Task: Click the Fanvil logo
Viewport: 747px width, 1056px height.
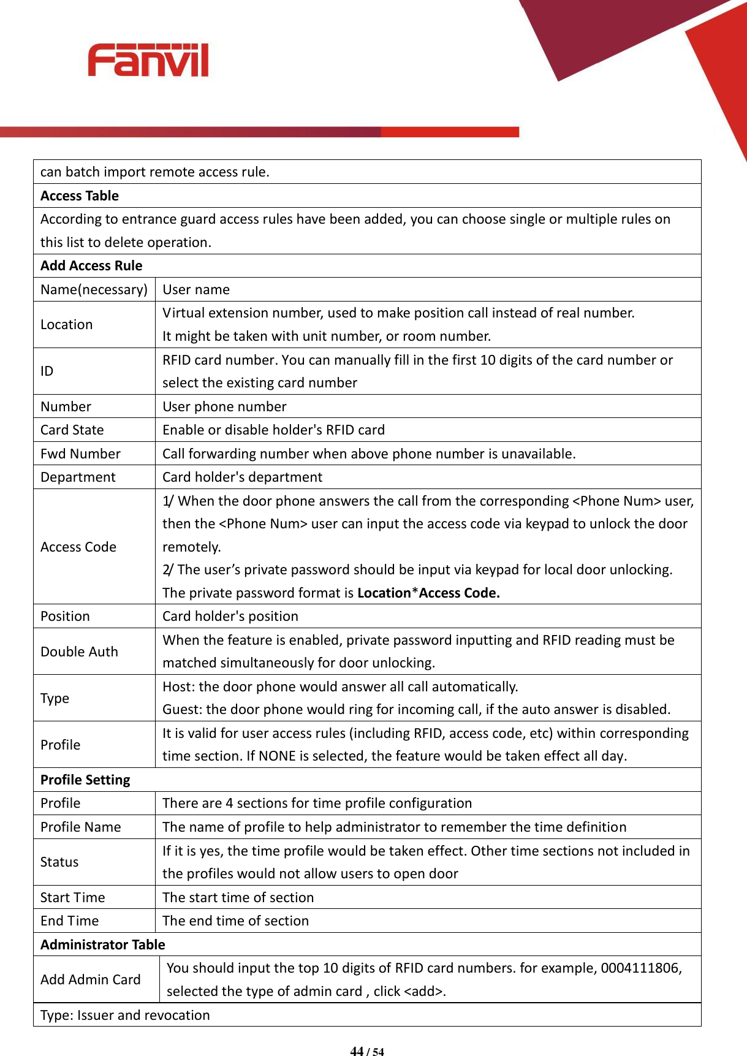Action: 148,60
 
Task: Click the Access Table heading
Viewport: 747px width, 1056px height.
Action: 80,196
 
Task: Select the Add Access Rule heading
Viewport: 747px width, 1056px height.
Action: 91,266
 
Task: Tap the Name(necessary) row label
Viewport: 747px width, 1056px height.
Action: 94,290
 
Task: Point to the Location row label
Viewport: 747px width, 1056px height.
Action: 67,325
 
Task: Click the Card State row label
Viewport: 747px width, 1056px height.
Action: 72,430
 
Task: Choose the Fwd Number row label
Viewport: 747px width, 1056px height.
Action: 80,454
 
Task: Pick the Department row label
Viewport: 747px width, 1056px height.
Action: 78,477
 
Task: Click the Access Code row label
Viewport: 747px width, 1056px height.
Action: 78,547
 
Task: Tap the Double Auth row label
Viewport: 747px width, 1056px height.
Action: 79,652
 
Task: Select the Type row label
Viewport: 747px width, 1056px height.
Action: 55,699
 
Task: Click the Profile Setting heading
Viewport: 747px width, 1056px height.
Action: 85,780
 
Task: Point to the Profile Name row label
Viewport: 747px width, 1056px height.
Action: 81,827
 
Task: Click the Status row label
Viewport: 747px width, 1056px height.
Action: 59,862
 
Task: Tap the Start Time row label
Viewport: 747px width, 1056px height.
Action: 73,898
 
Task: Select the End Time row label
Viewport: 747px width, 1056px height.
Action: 69,921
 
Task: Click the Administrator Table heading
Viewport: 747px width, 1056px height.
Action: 103,945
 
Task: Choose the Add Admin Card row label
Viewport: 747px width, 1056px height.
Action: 91,980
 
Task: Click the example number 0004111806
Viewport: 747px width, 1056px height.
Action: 640,968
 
